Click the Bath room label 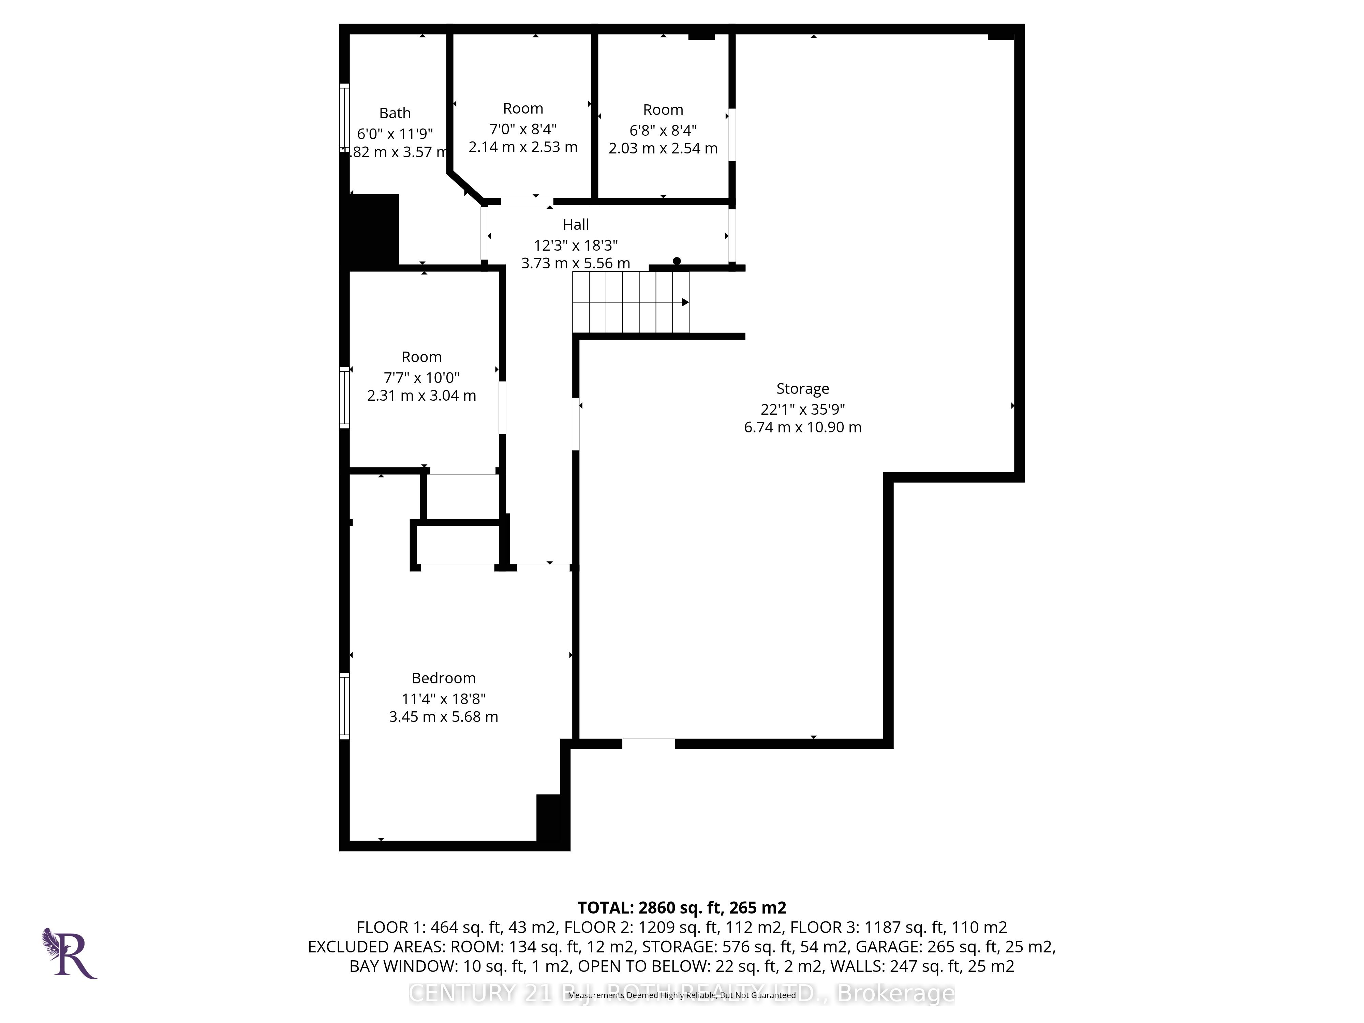point(395,114)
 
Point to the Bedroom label point(443,678)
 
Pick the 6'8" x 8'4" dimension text point(663,131)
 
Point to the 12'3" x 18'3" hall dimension point(575,246)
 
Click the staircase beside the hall point(630,302)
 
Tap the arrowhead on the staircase point(685,302)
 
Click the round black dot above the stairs point(677,261)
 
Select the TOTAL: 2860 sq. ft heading point(681,908)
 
